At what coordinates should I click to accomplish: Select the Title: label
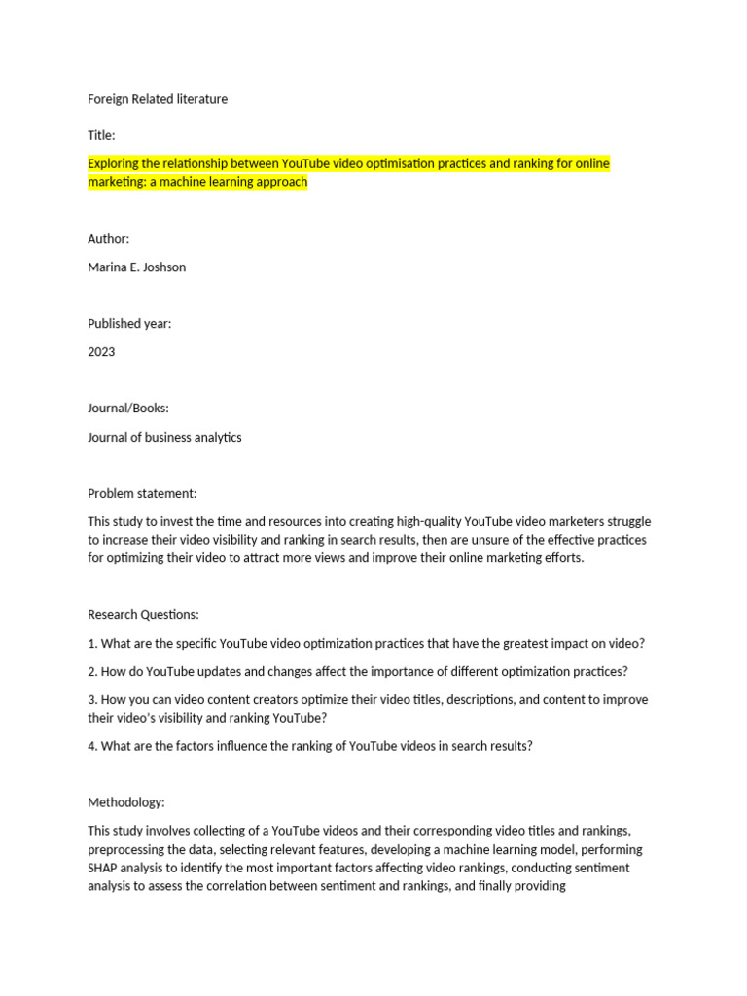pos(101,135)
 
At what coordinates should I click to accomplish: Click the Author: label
pos(108,238)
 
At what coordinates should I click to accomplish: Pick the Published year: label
pos(129,323)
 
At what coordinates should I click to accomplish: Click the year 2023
pos(101,351)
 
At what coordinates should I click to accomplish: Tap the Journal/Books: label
pos(127,409)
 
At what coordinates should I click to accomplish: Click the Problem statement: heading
pos(142,493)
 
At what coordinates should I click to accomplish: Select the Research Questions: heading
pos(143,615)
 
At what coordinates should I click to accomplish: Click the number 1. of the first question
pos(92,643)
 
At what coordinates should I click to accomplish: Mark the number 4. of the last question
pos(92,746)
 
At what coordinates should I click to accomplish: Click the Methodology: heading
pos(126,802)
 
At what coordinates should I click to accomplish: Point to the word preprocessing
pos(128,849)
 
